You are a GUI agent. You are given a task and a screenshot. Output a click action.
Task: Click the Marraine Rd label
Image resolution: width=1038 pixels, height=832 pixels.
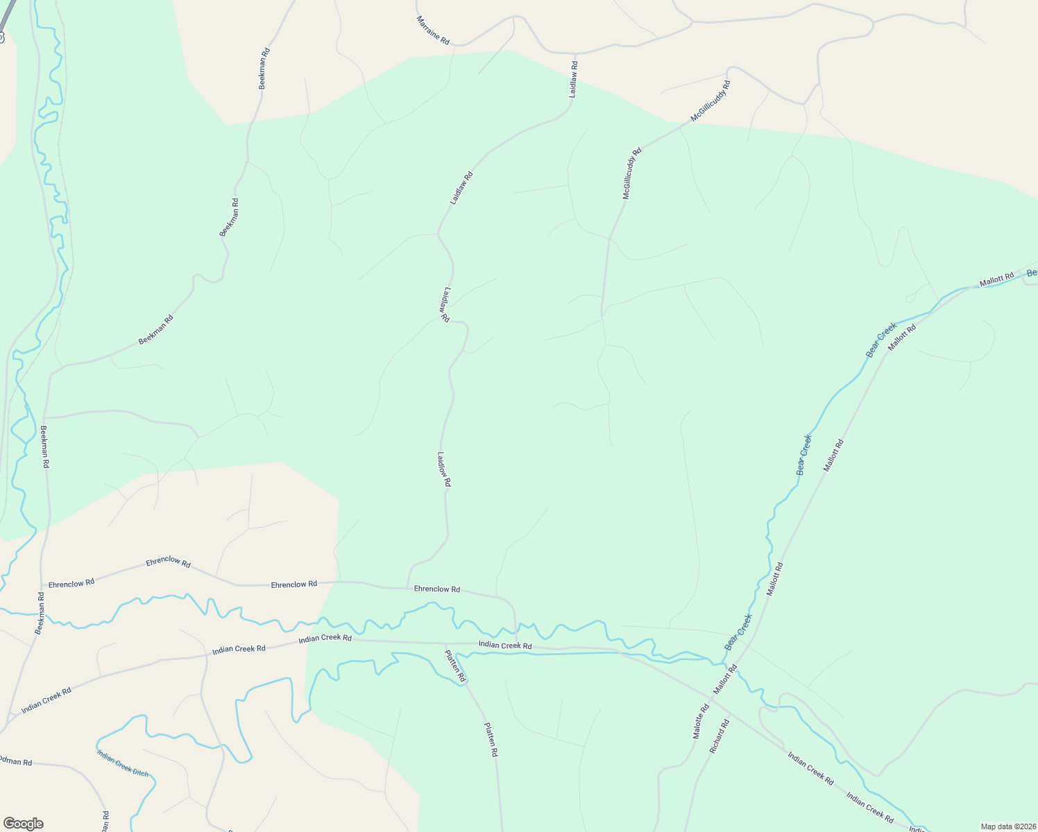click(x=433, y=31)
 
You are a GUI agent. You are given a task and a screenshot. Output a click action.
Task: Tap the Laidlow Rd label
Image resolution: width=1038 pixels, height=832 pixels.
click(x=444, y=469)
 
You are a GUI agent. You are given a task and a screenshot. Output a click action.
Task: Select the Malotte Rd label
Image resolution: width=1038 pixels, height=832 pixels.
click(x=701, y=721)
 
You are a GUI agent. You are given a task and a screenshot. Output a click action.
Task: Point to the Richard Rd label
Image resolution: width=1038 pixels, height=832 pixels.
click(x=720, y=736)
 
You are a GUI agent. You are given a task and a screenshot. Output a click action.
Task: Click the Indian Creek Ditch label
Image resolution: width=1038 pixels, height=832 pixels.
click(x=122, y=763)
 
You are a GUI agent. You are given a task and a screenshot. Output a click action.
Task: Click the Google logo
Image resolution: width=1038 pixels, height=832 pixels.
click(x=23, y=824)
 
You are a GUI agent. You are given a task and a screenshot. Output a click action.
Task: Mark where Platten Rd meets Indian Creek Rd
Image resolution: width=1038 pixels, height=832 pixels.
click(x=445, y=644)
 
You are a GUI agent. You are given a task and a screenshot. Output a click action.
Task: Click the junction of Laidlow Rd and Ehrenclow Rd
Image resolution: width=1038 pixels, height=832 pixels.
click(x=407, y=588)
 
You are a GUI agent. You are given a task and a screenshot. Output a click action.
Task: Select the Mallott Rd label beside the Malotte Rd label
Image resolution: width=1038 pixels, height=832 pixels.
click(x=725, y=679)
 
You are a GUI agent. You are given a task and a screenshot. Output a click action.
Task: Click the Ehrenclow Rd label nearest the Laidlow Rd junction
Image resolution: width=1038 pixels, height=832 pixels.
click(x=436, y=589)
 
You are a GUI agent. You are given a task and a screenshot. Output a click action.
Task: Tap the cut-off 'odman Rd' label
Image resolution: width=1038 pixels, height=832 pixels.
click(x=16, y=762)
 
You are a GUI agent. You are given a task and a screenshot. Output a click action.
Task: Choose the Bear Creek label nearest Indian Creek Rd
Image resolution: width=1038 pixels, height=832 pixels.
click(x=738, y=632)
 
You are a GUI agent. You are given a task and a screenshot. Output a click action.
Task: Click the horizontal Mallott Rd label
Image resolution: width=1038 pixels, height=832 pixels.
click(x=996, y=279)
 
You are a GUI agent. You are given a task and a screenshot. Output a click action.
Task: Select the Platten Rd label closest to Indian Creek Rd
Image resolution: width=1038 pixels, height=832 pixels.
click(x=455, y=665)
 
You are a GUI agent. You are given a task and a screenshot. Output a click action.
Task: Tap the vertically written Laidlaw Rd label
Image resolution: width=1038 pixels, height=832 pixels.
click(x=573, y=79)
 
